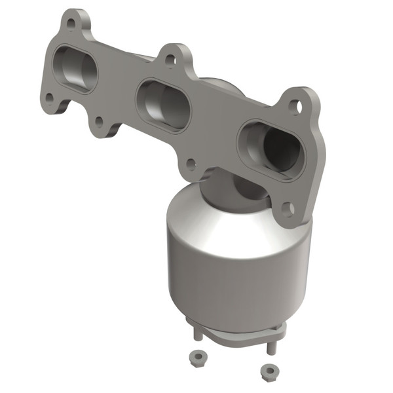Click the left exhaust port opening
(x=77, y=69)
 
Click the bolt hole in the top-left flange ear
(x=70, y=24)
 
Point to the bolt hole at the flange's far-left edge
(x=49, y=98)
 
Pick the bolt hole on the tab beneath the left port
(x=98, y=121)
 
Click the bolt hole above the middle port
(x=170, y=60)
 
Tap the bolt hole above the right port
(x=295, y=105)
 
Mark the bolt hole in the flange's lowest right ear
(x=287, y=209)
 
